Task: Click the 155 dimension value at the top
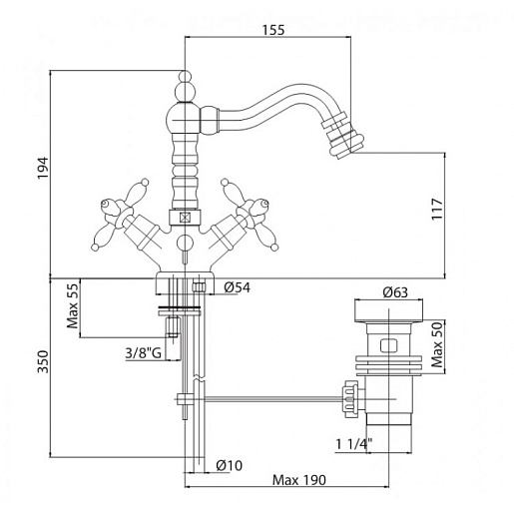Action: pyautogui.click(x=273, y=30)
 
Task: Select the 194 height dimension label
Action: pyautogui.click(x=43, y=168)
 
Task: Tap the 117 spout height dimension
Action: pyautogui.click(x=437, y=209)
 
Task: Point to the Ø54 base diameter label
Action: pyautogui.click(x=237, y=287)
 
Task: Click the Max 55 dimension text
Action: pyautogui.click(x=73, y=305)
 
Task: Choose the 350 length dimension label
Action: pyautogui.click(x=43, y=361)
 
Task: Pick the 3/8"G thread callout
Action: pyautogui.click(x=143, y=353)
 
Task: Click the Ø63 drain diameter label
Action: pyautogui.click(x=395, y=292)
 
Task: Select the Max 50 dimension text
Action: pyautogui.click(x=437, y=344)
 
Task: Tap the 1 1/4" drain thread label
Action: pyautogui.click(x=353, y=444)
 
